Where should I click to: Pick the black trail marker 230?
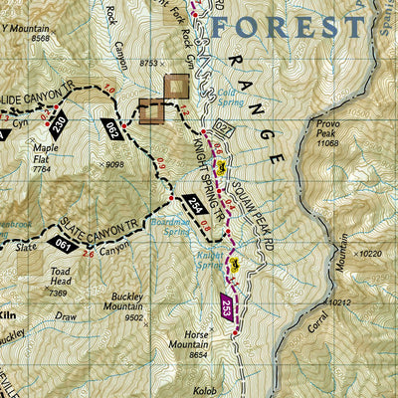point(59,124)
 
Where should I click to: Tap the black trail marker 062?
point(111,128)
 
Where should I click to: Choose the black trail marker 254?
point(195,205)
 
